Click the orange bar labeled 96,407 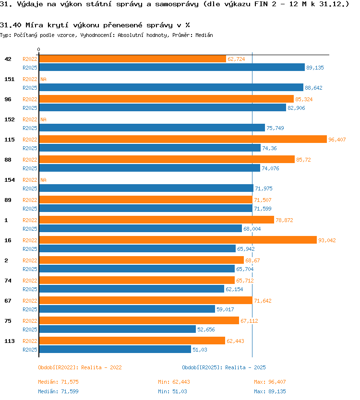pyautogui.click(x=183, y=139)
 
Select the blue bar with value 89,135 pyautogui.click(x=172, y=67)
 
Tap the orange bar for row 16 pyautogui.click(x=178, y=240)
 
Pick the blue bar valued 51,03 pyautogui.click(x=115, y=350)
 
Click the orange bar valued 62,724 pyautogui.click(x=132, y=59)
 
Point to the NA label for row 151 pyautogui.click(x=43, y=79)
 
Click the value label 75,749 pyautogui.click(x=275, y=128)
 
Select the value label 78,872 pyautogui.click(x=284, y=220)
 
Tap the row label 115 pyautogui.click(x=10, y=140)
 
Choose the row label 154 pyautogui.click(x=10, y=180)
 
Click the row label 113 pyautogui.click(x=10, y=341)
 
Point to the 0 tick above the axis pyautogui.click(x=38, y=49)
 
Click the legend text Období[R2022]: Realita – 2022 pyautogui.click(x=80, y=367)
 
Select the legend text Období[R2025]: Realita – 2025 pyautogui.click(x=224, y=367)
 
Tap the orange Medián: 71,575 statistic pyautogui.click(x=58, y=382)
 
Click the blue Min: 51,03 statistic pyautogui.click(x=172, y=391)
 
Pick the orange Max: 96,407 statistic pyautogui.click(x=270, y=382)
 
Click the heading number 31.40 pyautogui.click(x=11, y=25)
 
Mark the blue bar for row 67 pyautogui.click(x=127, y=309)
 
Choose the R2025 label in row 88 pyautogui.click(x=30, y=168)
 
